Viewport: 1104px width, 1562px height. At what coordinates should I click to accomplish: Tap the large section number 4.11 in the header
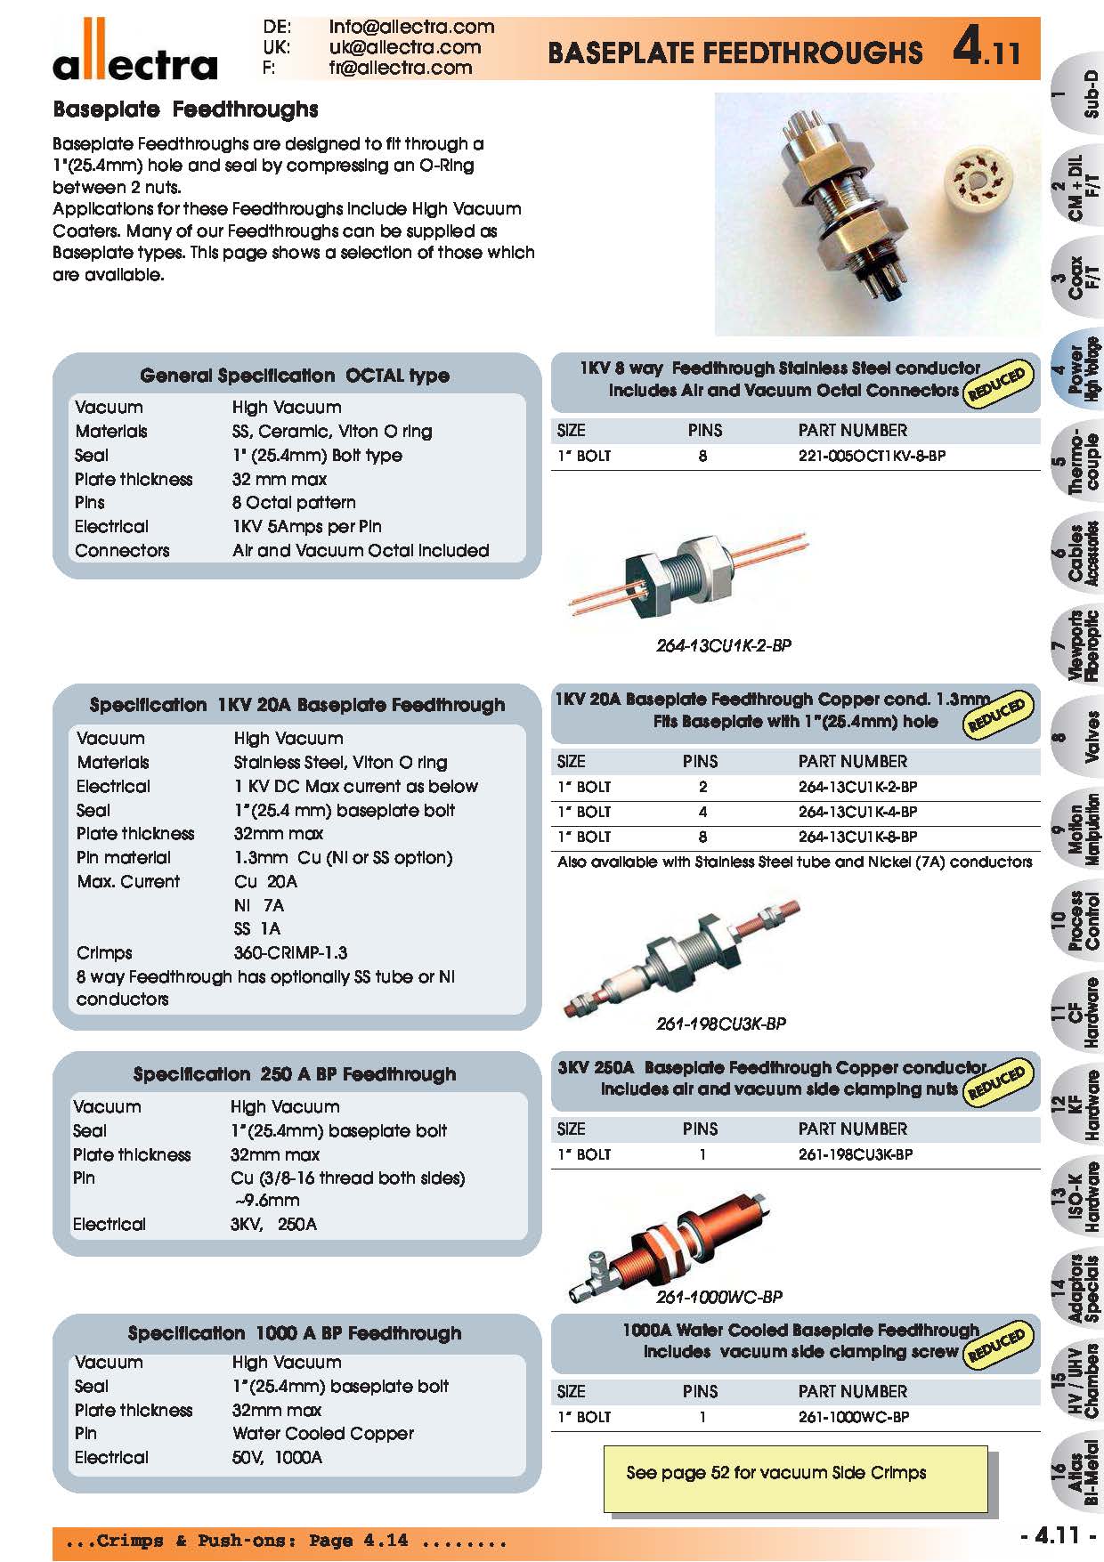point(986,48)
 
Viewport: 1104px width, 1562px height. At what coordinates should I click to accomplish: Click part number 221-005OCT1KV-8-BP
point(872,456)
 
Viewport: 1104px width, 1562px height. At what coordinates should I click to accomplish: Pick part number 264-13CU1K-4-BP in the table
point(857,812)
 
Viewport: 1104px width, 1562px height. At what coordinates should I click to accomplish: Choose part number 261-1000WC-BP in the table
point(854,1416)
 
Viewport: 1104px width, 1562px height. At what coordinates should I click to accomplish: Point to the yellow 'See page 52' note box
point(795,1478)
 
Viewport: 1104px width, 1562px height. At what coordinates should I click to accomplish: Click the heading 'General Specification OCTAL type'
point(295,376)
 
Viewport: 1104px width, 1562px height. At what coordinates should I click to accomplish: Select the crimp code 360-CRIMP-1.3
point(290,952)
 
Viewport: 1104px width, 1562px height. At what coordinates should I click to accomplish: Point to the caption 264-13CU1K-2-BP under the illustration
point(723,645)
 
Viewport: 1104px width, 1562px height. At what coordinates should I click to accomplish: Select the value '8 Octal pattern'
point(294,502)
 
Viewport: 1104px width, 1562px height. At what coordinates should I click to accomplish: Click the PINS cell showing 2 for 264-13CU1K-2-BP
point(702,787)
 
